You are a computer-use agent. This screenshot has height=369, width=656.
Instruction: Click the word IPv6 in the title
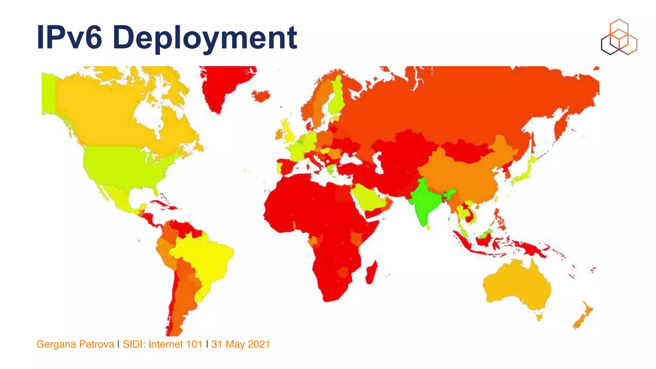point(69,38)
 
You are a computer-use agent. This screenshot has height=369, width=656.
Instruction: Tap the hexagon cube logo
point(619,37)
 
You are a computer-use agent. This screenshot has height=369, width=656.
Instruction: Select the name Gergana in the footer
point(56,344)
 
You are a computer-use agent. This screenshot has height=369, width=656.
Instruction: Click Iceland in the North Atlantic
point(261,95)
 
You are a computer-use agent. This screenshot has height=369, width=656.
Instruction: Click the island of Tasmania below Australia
point(539,317)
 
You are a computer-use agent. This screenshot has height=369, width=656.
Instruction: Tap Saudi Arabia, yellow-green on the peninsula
point(368,199)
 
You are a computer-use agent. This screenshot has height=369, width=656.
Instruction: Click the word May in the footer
point(235,344)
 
